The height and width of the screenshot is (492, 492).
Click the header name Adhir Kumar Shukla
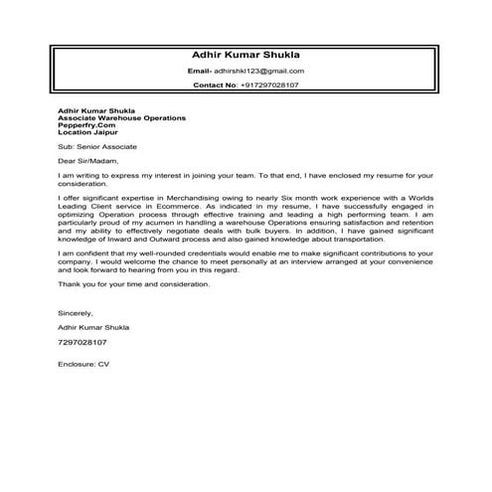tap(245, 55)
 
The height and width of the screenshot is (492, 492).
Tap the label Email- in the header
tap(200, 72)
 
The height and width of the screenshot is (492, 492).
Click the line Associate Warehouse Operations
tap(122, 118)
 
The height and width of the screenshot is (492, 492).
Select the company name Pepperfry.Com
tap(87, 125)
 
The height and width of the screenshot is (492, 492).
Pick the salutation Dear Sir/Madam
tap(87, 158)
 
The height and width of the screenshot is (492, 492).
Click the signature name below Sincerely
tap(92, 326)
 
